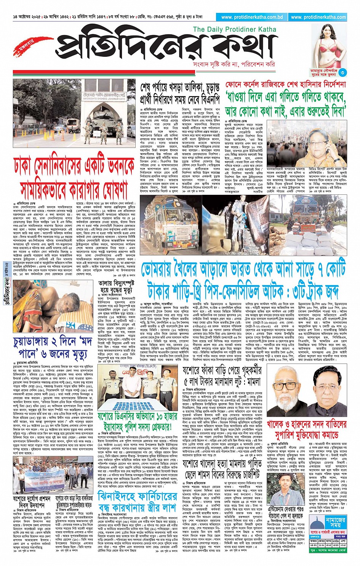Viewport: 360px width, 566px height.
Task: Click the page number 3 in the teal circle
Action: pos(343,72)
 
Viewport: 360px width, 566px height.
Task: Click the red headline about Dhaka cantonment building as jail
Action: pos(74,176)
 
